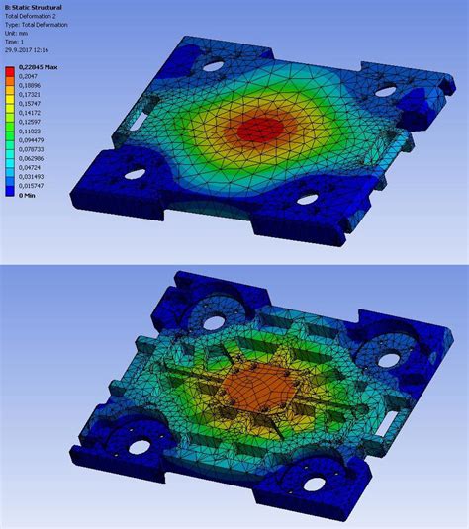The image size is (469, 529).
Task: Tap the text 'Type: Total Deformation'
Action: (39, 24)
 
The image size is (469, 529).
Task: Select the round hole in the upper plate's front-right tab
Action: (308, 199)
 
